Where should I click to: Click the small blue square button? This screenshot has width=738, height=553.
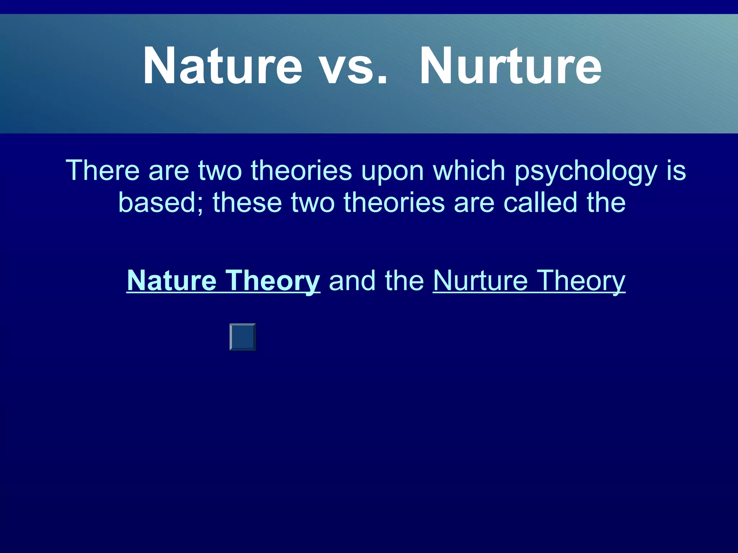point(243,337)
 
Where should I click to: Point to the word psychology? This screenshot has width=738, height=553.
point(586,171)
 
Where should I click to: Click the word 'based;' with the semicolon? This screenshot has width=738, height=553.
point(161,203)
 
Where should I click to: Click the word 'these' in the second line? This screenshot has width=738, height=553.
point(247,203)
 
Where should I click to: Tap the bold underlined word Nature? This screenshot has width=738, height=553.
point(172,280)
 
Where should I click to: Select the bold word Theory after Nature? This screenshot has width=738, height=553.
point(273,281)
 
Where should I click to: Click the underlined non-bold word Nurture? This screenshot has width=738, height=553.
point(480,280)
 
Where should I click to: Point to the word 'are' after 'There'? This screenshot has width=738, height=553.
point(168,171)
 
